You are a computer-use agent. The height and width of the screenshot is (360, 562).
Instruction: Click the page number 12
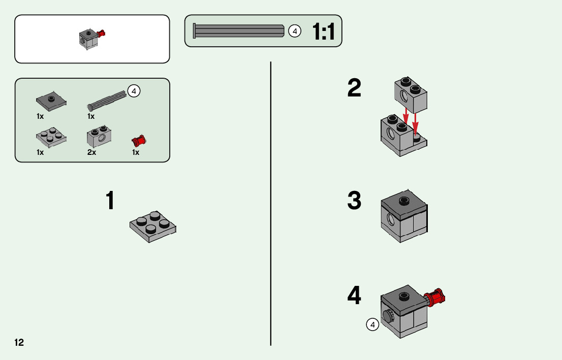click(x=19, y=342)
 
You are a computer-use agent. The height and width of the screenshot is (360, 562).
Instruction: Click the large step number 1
click(x=110, y=201)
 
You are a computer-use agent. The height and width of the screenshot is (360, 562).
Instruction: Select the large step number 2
click(x=354, y=89)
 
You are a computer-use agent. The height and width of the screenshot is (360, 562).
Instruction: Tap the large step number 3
click(x=354, y=201)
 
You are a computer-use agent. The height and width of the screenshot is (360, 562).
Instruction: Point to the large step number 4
click(x=354, y=296)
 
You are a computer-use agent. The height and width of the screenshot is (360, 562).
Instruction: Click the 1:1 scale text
click(x=323, y=32)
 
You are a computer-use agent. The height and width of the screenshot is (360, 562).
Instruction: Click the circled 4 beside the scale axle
click(x=294, y=31)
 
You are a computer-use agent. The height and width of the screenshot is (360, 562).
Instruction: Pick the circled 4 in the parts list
click(x=133, y=91)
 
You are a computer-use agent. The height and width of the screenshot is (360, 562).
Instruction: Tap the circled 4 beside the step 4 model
click(x=372, y=324)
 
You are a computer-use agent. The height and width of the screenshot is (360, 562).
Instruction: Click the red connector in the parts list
click(x=138, y=140)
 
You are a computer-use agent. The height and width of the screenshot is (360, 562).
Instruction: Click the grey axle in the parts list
click(x=107, y=100)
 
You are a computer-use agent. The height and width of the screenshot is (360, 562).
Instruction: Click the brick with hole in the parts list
click(x=100, y=135)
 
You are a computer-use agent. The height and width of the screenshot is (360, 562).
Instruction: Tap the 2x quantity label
click(x=91, y=152)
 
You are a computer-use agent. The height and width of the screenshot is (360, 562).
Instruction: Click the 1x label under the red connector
click(x=136, y=152)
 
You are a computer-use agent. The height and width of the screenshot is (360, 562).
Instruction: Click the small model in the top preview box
click(x=90, y=39)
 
